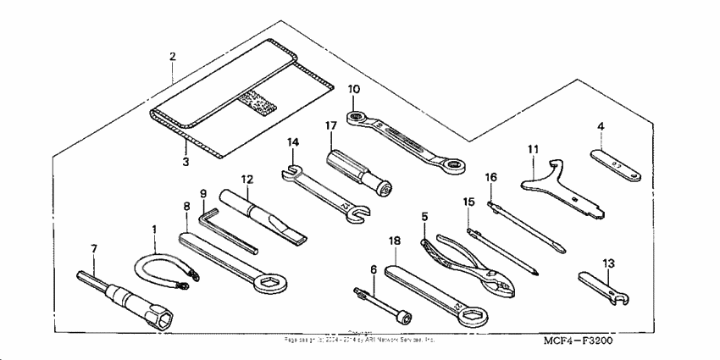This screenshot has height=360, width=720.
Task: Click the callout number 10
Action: (354, 88)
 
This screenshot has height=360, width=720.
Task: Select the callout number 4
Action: (600, 127)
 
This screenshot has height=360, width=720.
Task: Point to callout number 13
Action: (608, 263)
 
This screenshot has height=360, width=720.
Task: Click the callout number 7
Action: (94, 248)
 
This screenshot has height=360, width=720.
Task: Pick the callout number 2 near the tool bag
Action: (172, 57)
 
